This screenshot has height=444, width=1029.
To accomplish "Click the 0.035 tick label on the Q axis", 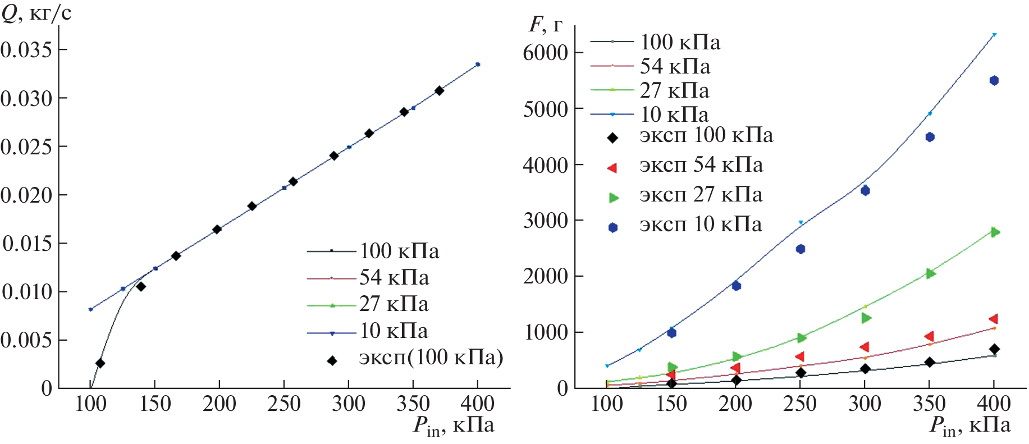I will coord(26,50).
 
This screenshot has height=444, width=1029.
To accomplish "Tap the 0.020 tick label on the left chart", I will coord(26,195).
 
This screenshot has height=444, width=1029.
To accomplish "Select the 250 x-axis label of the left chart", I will coord(284,404).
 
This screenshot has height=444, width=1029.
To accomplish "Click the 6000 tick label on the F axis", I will coord(546,53).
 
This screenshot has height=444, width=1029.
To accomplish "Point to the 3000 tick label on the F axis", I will coord(546,221).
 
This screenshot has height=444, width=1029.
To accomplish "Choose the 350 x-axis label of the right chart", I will coord(930,404).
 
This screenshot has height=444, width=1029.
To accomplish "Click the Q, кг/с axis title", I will coord(36,12).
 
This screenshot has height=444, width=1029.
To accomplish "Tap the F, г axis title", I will coord(545,24).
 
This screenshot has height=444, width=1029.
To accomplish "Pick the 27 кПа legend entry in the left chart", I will coord(394,304).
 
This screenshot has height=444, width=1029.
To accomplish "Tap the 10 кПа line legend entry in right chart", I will coord(674,115).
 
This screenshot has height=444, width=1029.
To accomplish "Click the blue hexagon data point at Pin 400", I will coord(994,80).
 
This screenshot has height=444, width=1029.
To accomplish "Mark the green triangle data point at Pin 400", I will coord(995,232).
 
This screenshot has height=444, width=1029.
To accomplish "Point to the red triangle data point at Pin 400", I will coord(993,319).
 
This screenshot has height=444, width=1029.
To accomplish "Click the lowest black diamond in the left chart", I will coord(100,363).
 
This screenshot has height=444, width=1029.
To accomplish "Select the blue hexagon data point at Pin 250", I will coord(801,249).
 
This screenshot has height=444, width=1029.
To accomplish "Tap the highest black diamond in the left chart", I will coord(439,90).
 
